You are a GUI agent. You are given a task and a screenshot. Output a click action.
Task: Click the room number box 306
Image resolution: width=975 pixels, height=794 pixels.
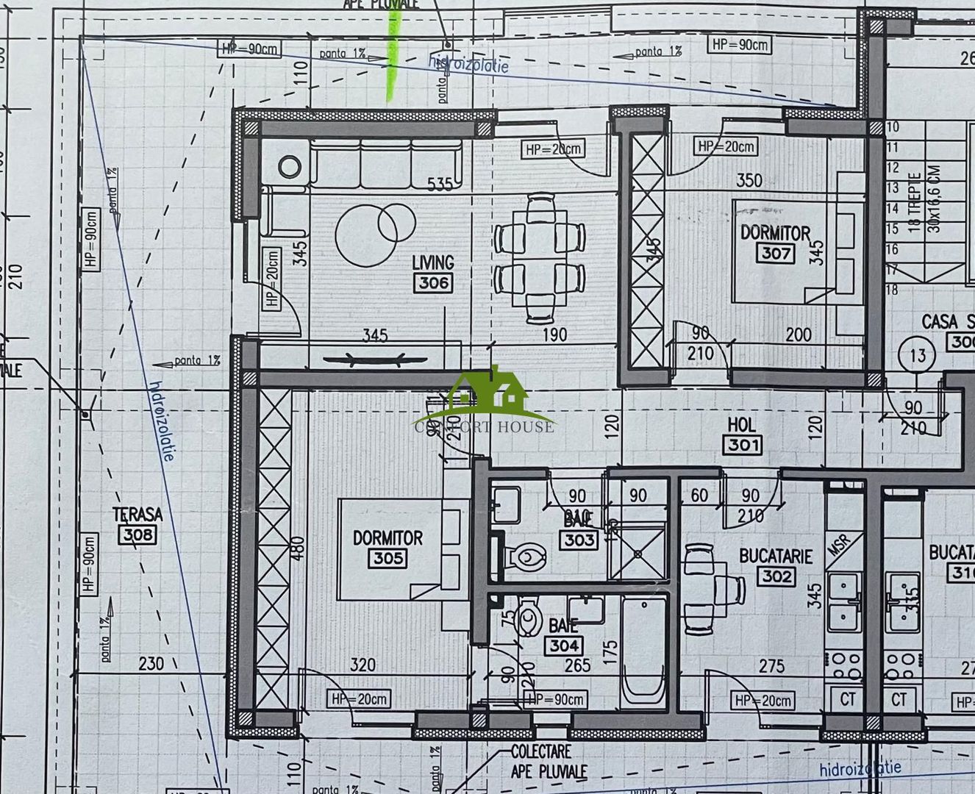point(433,283)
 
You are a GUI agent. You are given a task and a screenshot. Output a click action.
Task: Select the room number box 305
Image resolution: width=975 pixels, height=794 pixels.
point(387,558)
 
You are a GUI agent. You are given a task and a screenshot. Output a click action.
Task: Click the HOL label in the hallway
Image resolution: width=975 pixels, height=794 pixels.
point(741,425)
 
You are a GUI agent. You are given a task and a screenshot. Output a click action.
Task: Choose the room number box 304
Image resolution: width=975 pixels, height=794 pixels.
point(563,646)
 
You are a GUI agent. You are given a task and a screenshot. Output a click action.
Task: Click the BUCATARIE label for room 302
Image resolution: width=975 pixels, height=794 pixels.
point(776,556)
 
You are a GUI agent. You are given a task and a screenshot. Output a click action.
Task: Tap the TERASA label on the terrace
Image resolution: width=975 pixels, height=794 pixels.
point(137,514)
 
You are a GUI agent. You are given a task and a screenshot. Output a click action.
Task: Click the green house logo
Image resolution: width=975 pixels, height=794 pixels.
point(488,392)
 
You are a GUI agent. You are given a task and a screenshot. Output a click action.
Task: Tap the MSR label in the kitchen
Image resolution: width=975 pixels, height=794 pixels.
point(838,546)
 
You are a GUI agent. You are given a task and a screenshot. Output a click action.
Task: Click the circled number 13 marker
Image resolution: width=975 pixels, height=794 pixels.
point(917,356)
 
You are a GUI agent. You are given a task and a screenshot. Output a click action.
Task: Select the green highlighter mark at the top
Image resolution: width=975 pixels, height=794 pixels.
point(392,51)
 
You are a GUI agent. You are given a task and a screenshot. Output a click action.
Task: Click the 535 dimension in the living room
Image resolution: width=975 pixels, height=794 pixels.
point(440,184)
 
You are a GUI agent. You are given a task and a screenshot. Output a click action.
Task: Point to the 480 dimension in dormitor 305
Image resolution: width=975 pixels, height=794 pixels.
point(297,547)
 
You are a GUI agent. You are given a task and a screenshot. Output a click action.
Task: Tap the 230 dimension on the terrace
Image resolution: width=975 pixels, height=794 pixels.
point(151,663)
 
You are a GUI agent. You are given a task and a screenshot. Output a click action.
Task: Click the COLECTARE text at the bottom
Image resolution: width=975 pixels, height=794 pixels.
point(540,751)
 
